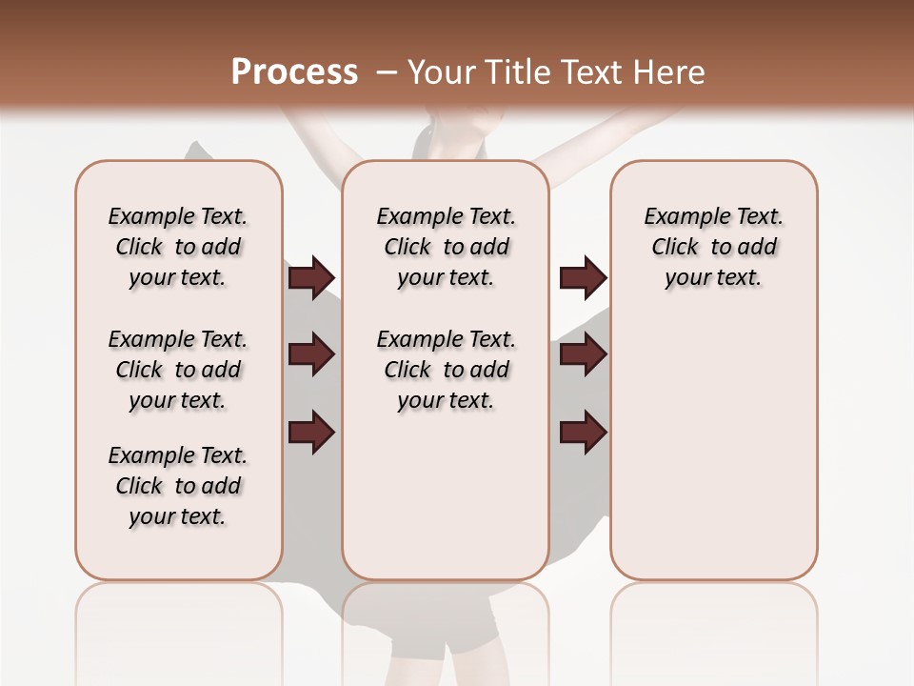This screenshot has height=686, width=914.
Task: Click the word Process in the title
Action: [294, 71]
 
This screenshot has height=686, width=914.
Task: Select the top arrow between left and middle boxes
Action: [311, 277]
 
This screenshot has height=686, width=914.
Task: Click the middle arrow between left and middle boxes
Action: [311, 354]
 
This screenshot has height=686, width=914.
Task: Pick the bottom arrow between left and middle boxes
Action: [311, 432]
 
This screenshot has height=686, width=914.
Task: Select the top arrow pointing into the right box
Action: [583, 277]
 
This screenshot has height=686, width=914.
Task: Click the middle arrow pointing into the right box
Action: [583, 354]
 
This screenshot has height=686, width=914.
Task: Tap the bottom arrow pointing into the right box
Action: [583, 432]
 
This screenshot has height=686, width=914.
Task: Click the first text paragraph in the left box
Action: [178, 247]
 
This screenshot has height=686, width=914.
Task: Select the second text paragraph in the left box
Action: [178, 370]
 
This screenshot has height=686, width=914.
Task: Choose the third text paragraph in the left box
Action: [178, 486]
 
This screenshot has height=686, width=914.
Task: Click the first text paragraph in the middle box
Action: [447, 247]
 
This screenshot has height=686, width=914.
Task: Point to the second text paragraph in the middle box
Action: [447, 370]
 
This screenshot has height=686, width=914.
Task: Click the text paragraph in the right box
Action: [714, 247]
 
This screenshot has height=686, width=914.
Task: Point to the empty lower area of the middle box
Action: [446, 495]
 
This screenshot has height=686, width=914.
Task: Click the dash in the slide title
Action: [386, 72]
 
